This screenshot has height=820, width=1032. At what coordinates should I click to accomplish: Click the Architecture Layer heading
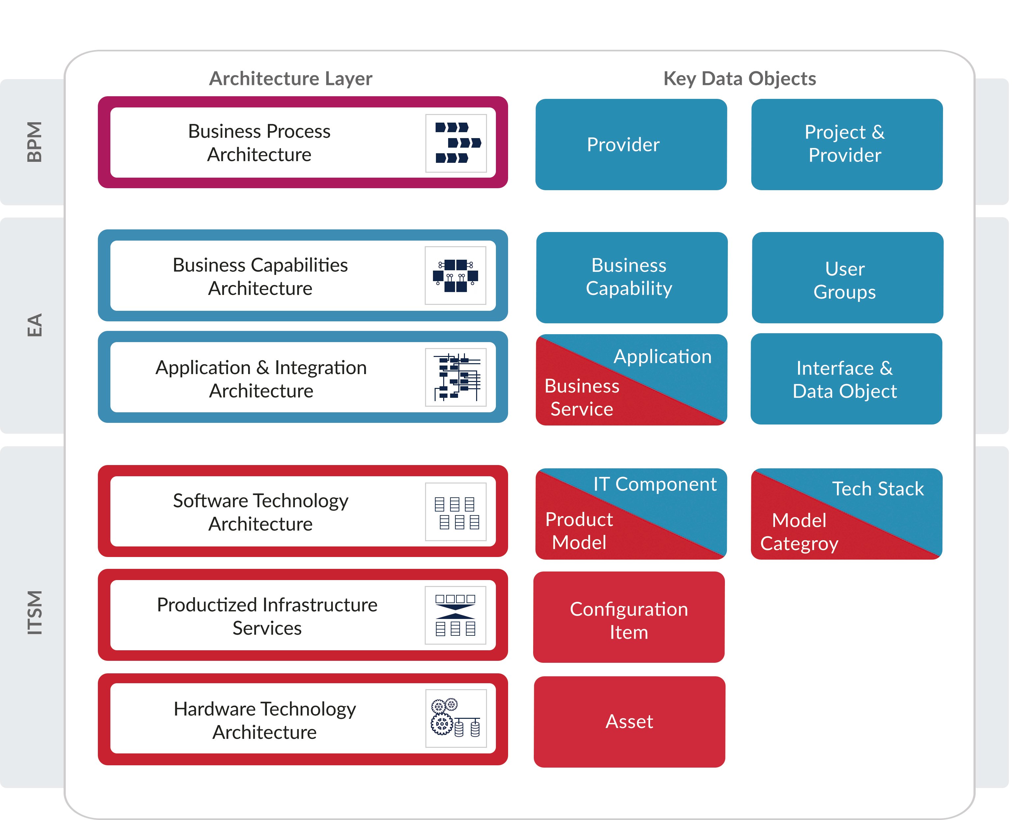point(291,78)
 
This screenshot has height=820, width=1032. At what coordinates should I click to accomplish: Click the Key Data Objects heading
point(739,78)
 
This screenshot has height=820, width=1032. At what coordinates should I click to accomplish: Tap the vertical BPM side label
point(35,142)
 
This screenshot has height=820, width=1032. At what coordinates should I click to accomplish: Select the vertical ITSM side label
point(35,613)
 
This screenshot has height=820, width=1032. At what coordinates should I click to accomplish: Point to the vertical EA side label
point(35,326)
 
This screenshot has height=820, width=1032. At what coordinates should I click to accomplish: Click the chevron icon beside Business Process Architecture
point(456,143)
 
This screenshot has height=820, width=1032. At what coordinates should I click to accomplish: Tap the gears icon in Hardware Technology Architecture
point(456,718)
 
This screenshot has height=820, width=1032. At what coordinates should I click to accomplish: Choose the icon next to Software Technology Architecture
point(456,512)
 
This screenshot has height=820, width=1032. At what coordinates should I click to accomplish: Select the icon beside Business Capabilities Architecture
point(455,276)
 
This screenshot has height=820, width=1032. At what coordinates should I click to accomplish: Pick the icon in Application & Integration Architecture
point(456,377)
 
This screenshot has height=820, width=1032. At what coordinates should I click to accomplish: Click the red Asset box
point(629,721)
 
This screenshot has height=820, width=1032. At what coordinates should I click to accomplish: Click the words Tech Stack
point(877,489)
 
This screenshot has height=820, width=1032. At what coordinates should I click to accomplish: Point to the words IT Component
point(654,484)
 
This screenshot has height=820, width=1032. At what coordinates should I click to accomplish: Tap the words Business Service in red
point(582,397)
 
